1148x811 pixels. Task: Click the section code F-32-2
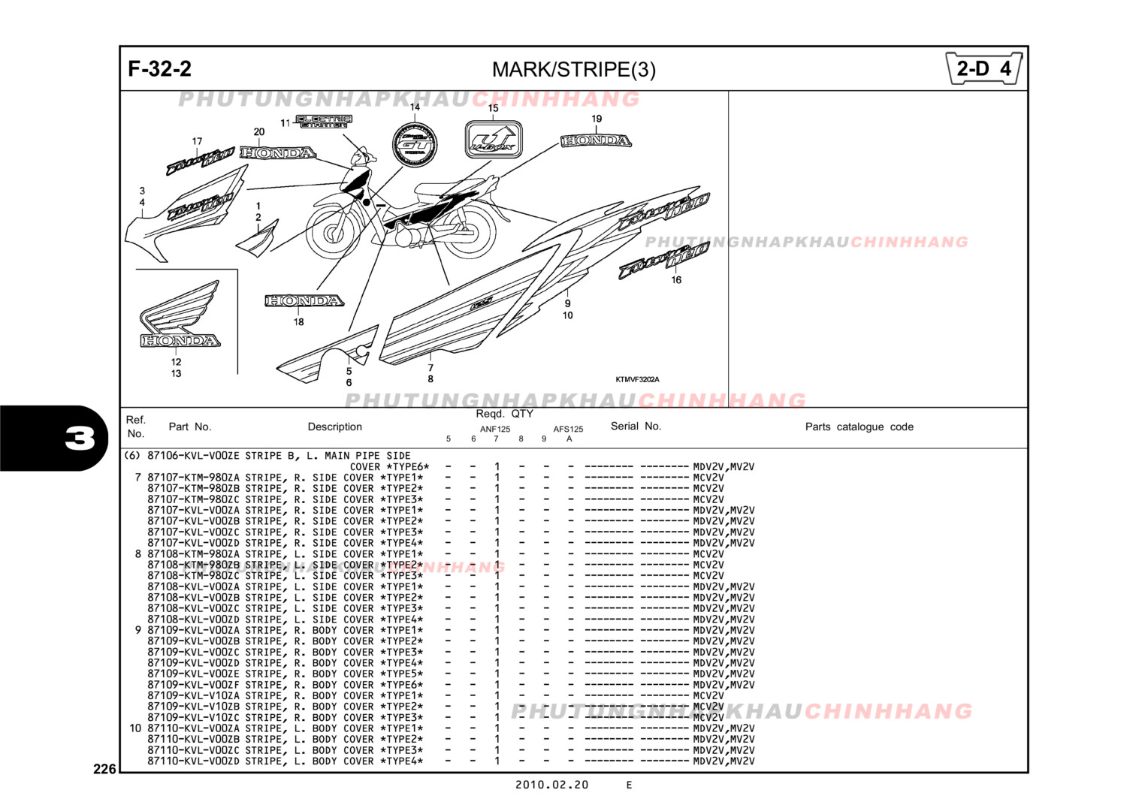[159, 69]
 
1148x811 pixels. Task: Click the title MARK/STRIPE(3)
[573, 70]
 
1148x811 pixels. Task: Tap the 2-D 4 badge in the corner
[983, 69]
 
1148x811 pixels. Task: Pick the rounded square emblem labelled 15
[493, 140]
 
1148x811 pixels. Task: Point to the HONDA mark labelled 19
[596, 141]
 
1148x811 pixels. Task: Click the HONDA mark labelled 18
[304, 301]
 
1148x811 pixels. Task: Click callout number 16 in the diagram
[676, 280]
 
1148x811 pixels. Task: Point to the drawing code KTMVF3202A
[637, 380]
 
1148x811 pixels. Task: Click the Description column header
[334, 427]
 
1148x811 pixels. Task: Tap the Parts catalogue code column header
[859, 427]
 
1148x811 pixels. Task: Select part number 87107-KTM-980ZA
[193, 478]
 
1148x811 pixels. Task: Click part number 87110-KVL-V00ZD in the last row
[193, 761]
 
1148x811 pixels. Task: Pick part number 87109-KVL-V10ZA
[193, 696]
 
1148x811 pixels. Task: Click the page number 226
[104, 769]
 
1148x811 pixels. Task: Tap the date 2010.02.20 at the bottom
[551, 785]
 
